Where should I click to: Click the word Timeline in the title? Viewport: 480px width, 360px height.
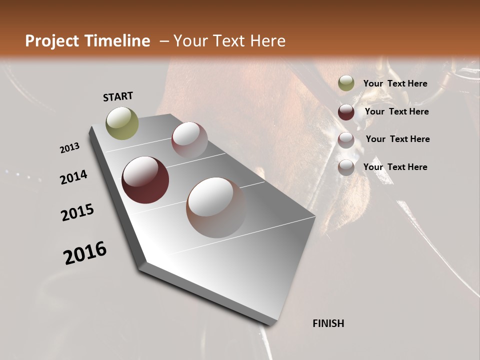(x=119, y=41)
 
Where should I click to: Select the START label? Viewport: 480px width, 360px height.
(x=118, y=96)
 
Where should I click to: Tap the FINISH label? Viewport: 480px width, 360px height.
(x=328, y=323)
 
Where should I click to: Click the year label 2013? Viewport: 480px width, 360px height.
(x=70, y=148)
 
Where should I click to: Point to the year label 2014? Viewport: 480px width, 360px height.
(x=74, y=177)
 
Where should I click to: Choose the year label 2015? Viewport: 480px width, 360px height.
(x=77, y=212)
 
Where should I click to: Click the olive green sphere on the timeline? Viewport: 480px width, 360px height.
(x=122, y=123)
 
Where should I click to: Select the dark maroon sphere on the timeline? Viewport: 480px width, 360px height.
(x=145, y=180)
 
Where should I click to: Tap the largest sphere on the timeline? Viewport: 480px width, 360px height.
(x=216, y=207)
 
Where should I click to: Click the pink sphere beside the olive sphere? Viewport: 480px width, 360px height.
(x=189, y=139)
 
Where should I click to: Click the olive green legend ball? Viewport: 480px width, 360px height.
(x=346, y=83)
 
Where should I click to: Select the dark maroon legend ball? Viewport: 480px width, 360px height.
(x=346, y=112)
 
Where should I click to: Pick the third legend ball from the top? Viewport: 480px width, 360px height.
(x=346, y=140)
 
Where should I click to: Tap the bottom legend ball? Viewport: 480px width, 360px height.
(x=346, y=167)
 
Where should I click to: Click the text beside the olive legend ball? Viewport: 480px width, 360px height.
(x=395, y=83)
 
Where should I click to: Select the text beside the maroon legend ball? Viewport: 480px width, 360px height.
(x=396, y=111)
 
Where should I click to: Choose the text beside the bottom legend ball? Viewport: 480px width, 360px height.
(x=395, y=167)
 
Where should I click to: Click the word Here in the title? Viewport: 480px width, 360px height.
(x=267, y=41)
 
